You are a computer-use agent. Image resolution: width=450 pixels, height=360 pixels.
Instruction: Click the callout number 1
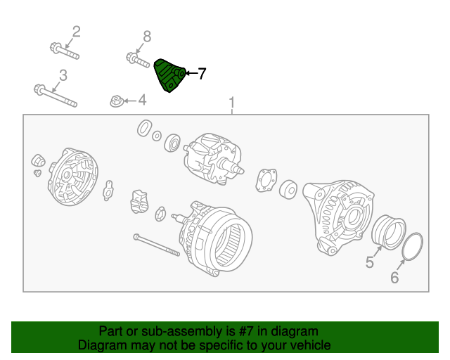pyautogui.click(x=231, y=104)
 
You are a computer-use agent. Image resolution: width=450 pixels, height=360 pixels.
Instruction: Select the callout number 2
pyautogui.click(x=76, y=32)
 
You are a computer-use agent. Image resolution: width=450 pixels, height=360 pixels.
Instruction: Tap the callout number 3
pyautogui.click(x=63, y=75)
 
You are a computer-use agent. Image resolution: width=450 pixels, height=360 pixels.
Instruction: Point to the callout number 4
pyautogui.click(x=142, y=100)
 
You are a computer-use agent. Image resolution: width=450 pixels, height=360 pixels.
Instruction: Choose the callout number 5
pyautogui.click(x=370, y=264)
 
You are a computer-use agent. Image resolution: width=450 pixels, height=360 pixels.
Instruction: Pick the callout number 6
pyautogui.click(x=394, y=278)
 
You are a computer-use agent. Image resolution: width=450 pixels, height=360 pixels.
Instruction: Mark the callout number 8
pyautogui.click(x=146, y=36)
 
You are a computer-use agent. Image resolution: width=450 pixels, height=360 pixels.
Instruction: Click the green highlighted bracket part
pyautogui.click(x=169, y=75)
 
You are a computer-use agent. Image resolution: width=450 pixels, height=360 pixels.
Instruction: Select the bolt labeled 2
pyautogui.click(x=64, y=51)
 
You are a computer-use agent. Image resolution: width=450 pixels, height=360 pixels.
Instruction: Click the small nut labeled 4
pyautogui.click(x=117, y=101)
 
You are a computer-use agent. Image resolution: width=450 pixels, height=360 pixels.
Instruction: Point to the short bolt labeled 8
pyautogui.click(x=138, y=58)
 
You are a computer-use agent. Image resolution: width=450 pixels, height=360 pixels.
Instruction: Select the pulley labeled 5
pyautogui.click(x=389, y=233)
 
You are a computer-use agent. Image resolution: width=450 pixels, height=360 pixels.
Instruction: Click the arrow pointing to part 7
pyautogui.click(x=189, y=73)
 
